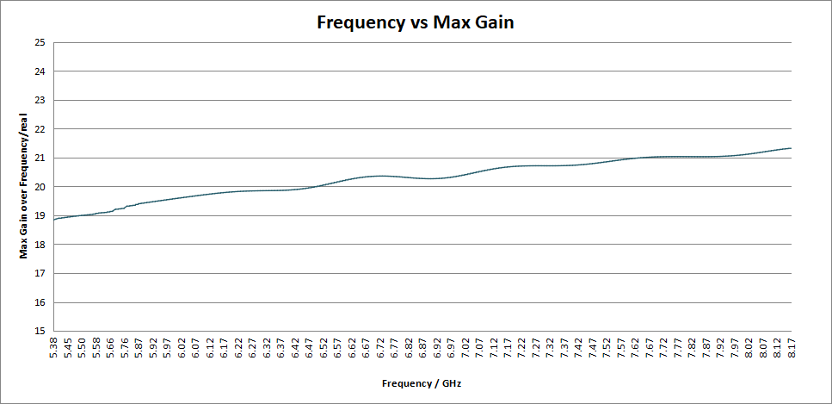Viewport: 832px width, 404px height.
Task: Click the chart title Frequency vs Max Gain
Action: point(416,22)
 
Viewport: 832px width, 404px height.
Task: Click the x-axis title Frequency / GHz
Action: point(422,383)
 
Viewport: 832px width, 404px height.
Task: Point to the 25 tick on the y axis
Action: point(41,42)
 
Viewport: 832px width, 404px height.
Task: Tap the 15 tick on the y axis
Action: point(41,331)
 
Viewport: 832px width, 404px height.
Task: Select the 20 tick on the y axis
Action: point(41,187)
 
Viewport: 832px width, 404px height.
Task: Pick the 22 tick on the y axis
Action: point(41,129)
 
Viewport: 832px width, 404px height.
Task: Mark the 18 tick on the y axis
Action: point(41,245)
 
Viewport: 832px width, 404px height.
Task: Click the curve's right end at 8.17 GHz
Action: point(792,148)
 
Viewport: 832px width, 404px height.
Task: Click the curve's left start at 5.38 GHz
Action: point(54,220)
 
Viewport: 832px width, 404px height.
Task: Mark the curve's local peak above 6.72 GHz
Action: point(381,176)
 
